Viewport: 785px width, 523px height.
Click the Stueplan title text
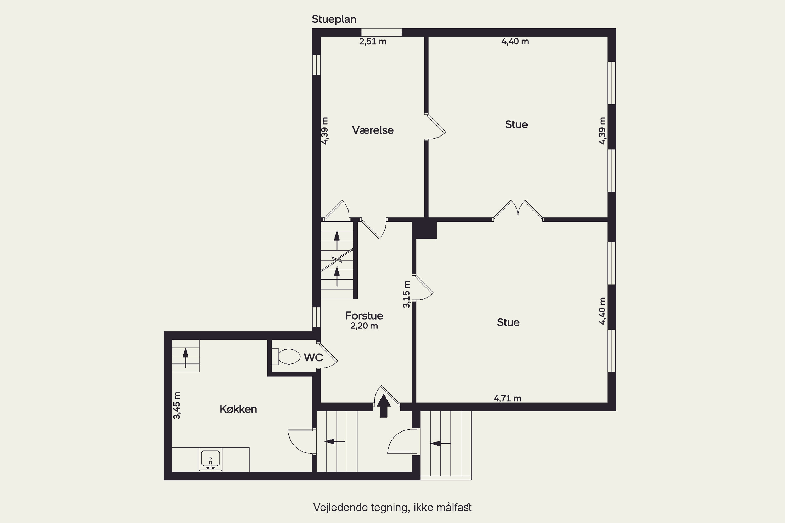point(334,19)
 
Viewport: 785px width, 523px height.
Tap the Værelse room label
point(373,130)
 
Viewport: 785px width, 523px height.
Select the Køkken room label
point(238,409)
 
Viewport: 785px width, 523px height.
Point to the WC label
point(313,357)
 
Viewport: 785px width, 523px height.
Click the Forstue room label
point(364,316)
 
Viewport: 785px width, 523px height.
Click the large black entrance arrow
point(384,406)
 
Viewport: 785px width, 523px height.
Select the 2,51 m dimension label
point(373,42)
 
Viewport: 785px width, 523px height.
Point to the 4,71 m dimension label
point(507,398)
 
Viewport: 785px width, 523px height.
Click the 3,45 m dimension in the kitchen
point(177,405)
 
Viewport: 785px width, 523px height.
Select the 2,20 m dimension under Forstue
point(364,326)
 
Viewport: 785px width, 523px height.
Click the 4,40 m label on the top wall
point(515,42)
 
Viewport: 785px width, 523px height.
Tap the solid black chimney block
point(424,229)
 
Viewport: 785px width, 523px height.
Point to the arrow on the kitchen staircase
point(186,357)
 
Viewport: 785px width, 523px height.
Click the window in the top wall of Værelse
point(382,32)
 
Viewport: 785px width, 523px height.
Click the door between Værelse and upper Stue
point(435,127)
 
